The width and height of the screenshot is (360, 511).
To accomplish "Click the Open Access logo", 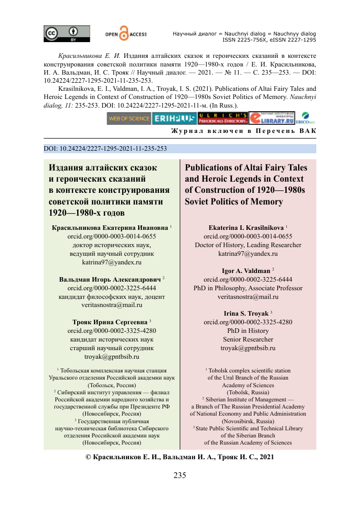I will (x=125, y=33).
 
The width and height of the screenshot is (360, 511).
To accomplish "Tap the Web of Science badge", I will (x=128, y=119).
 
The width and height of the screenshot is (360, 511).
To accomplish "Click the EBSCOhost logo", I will (x=307, y=119).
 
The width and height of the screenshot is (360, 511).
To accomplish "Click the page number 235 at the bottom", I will (x=180, y=475).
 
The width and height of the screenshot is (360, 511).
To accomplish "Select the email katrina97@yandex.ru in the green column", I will (x=111, y=263).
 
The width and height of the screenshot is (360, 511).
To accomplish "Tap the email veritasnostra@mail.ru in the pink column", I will (x=248, y=296).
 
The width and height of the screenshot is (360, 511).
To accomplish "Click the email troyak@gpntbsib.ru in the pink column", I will (x=248, y=348).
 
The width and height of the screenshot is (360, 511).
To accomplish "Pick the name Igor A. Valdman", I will (x=246, y=270).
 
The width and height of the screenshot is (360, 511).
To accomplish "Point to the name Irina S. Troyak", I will (x=246, y=314).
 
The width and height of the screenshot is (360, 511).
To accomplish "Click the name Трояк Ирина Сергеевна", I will (x=109, y=322).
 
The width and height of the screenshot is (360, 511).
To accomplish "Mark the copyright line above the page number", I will (x=180, y=457).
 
